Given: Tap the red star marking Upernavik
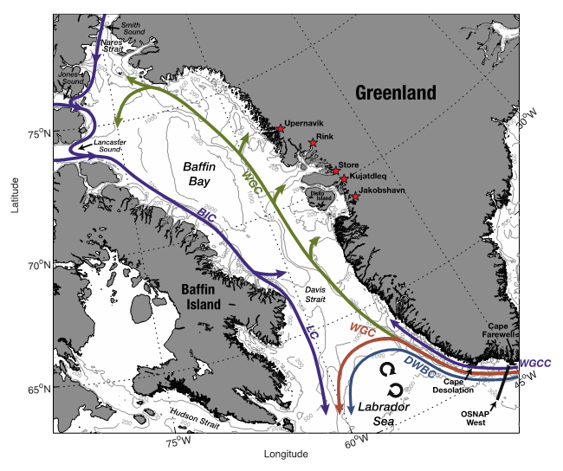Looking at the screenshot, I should [281, 130].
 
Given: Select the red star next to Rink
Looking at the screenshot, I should [313, 143].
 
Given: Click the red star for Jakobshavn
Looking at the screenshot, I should [355, 197].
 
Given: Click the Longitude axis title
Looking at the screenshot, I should [286, 454].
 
